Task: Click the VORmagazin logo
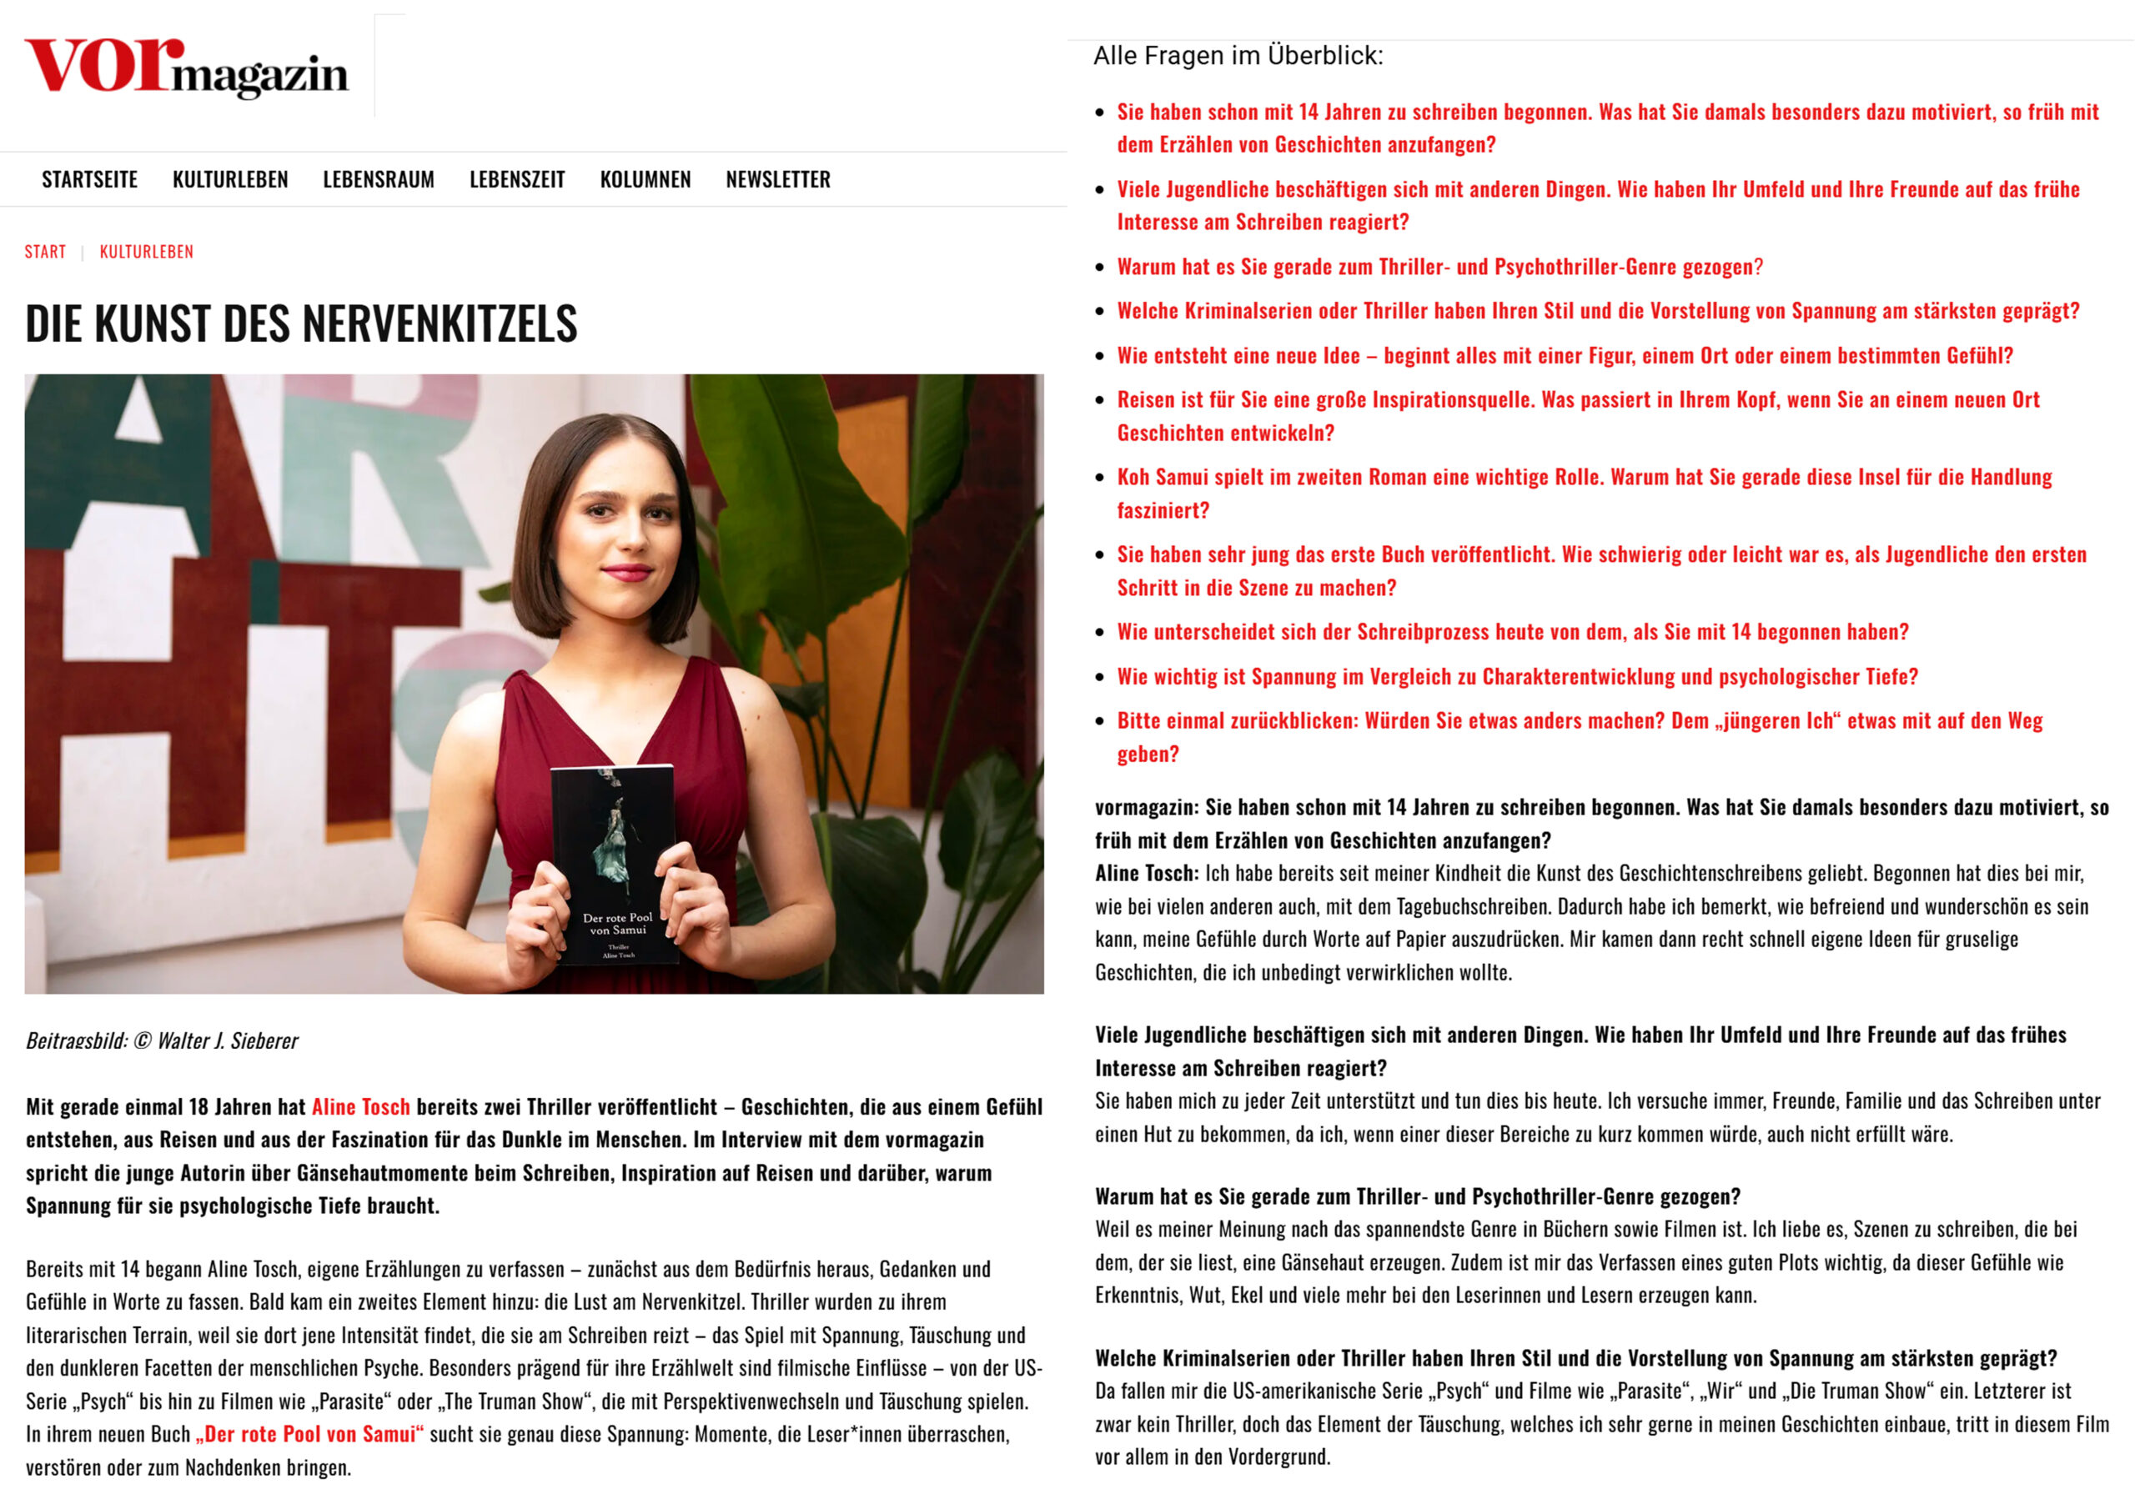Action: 186,68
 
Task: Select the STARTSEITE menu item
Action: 89,179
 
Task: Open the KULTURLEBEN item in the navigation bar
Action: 229,179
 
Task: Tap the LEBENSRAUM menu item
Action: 379,179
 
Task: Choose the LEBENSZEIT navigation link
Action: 517,179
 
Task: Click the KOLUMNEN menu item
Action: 646,179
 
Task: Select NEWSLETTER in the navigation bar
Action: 777,179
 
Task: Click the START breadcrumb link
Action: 45,252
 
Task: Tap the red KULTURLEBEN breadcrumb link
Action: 146,252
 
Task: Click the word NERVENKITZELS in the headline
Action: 439,323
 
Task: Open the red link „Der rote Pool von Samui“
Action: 309,1434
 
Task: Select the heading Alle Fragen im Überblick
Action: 1238,56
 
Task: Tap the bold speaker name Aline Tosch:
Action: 1146,873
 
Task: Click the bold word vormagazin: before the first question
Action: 1146,807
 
